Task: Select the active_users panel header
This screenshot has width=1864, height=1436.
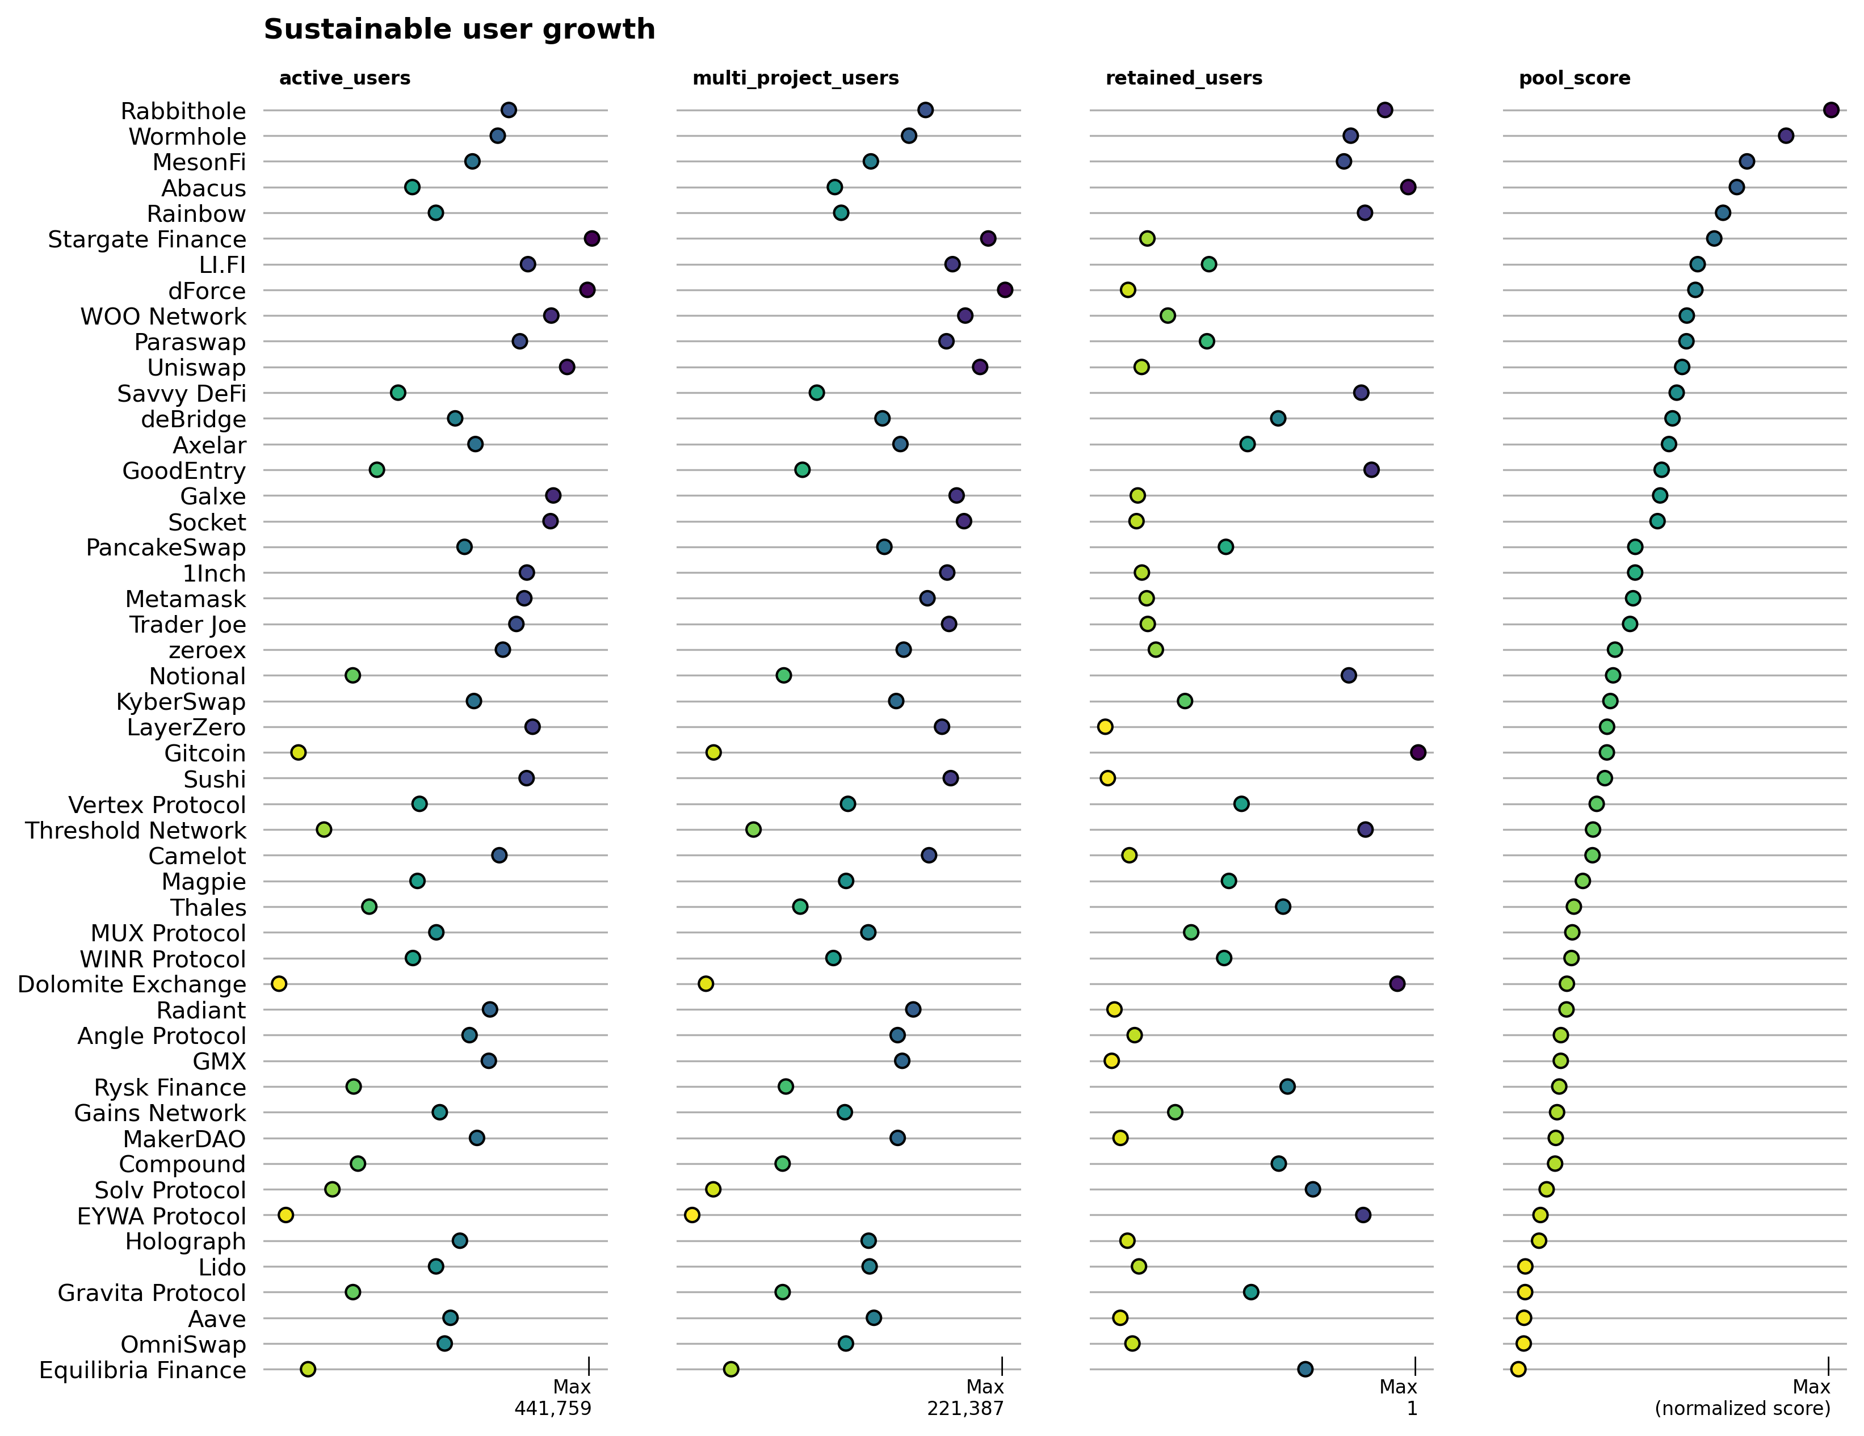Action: click(345, 78)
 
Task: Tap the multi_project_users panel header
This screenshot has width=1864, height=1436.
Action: click(795, 78)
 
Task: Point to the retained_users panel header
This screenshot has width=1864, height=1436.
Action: click(1184, 78)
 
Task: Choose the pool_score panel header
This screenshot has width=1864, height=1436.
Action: click(1575, 78)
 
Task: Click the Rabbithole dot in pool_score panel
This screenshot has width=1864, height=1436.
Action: click(1831, 110)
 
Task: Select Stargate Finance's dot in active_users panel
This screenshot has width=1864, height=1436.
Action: click(591, 239)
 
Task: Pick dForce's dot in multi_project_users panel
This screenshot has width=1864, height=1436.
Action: click(1005, 290)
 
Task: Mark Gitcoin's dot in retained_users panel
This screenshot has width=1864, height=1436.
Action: click(1418, 752)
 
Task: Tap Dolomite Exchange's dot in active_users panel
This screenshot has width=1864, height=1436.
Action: click(279, 984)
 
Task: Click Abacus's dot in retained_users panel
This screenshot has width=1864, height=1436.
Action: click(1408, 187)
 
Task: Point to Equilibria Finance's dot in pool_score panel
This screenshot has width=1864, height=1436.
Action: click(1518, 1370)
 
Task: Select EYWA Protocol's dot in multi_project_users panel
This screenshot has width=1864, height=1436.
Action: click(692, 1215)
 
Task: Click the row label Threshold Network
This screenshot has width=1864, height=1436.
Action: click(136, 830)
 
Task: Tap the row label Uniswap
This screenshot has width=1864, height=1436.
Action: click(196, 368)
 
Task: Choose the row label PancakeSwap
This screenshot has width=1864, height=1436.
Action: click(166, 548)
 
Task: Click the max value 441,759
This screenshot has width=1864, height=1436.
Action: click(552, 1409)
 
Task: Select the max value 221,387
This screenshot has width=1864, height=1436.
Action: click(965, 1409)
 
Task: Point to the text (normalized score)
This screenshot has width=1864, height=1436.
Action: click(1742, 1409)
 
